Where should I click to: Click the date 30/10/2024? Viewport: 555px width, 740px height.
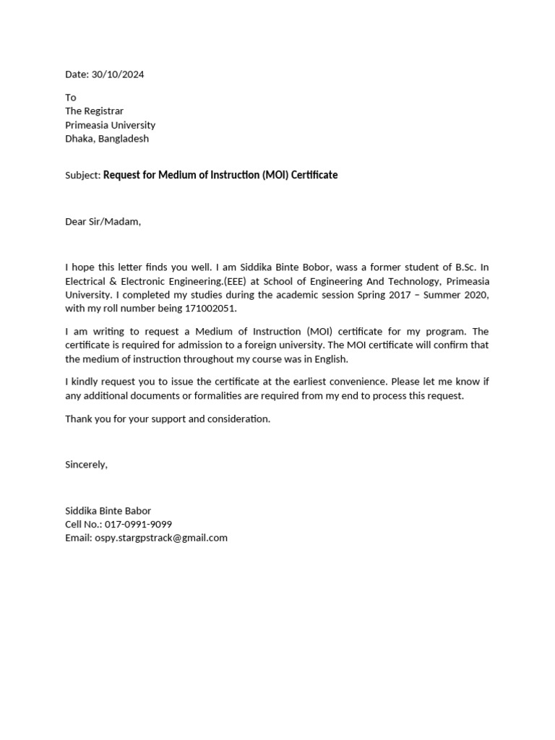pos(122,74)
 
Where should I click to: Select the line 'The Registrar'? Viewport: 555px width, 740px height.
pos(94,111)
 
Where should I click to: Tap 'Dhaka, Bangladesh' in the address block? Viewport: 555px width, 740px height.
pos(107,138)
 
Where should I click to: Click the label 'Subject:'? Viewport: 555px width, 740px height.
pos(82,176)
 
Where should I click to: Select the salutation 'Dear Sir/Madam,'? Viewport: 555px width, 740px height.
pos(103,221)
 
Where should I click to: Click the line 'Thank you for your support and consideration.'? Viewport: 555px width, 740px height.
pos(168,418)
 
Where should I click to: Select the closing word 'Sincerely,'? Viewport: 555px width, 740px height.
pos(86,464)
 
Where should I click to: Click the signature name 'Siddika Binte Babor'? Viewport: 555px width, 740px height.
pos(108,510)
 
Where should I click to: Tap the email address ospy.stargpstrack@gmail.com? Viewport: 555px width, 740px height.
pos(160,538)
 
